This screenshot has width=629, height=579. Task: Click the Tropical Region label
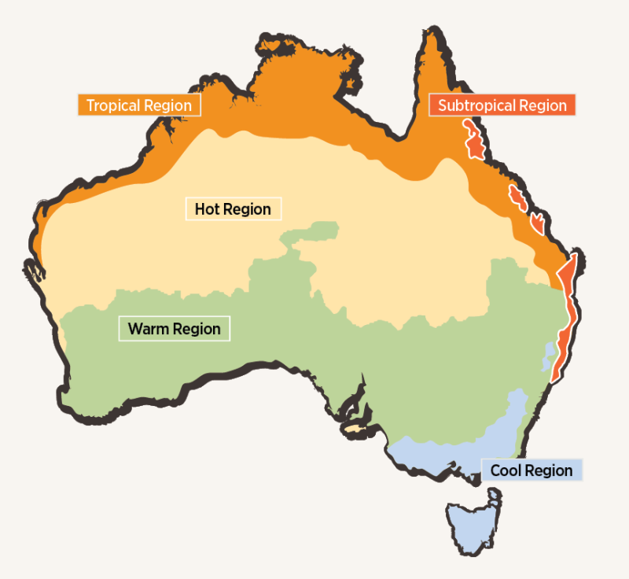tap(139, 105)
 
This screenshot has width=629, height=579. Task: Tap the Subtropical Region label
tap(502, 105)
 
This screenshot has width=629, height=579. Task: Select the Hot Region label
tap(233, 209)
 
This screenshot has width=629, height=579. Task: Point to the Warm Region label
tap(174, 328)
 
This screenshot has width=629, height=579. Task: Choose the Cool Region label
tap(532, 470)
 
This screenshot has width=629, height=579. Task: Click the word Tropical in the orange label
tap(113, 105)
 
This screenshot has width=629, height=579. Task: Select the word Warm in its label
tap(149, 328)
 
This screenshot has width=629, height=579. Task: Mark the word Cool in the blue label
tap(507, 470)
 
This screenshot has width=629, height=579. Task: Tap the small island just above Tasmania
tap(495, 496)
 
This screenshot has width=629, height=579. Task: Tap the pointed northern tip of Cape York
tap(430, 35)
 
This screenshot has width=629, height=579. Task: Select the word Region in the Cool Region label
tap(550, 470)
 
